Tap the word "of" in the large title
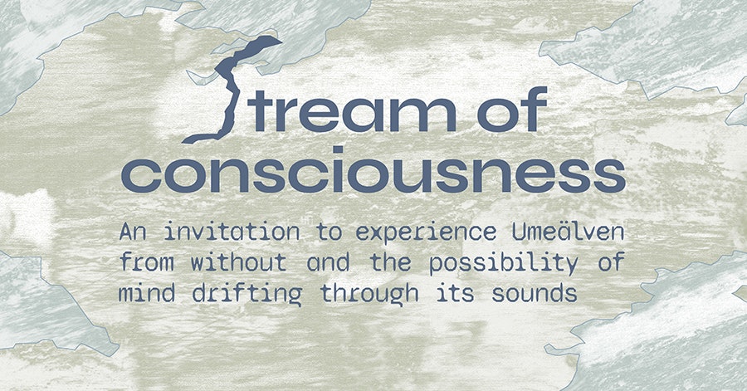511,109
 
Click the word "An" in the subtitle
133,232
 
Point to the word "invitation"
232,232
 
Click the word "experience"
426,233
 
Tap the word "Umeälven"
569,232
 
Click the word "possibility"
504,263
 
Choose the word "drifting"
247,294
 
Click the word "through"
369,294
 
